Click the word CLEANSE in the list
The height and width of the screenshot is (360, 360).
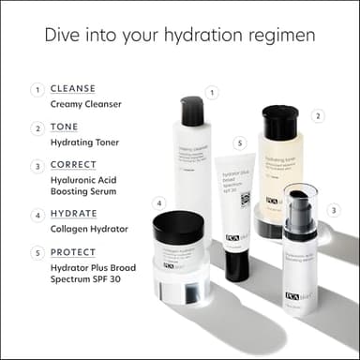click(x=72, y=88)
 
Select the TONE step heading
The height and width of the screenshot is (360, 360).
click(x=64, y=127)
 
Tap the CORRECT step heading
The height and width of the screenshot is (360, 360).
click(x=75, y=165)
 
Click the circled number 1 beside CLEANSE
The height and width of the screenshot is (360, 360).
click(x=37, y=90)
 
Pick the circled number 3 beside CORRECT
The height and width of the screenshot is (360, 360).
click(x=37, y=166)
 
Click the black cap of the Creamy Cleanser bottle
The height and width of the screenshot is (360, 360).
click(x=193, y=111)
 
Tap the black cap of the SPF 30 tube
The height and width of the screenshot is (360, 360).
click(x=237, y=265)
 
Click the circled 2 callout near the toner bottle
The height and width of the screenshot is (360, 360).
click(x=318, y=116)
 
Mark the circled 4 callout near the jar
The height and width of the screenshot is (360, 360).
click(x=160, y=202)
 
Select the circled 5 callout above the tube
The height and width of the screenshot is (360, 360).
click(x=240, y=143)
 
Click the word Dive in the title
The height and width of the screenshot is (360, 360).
click(x=63, y=35)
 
